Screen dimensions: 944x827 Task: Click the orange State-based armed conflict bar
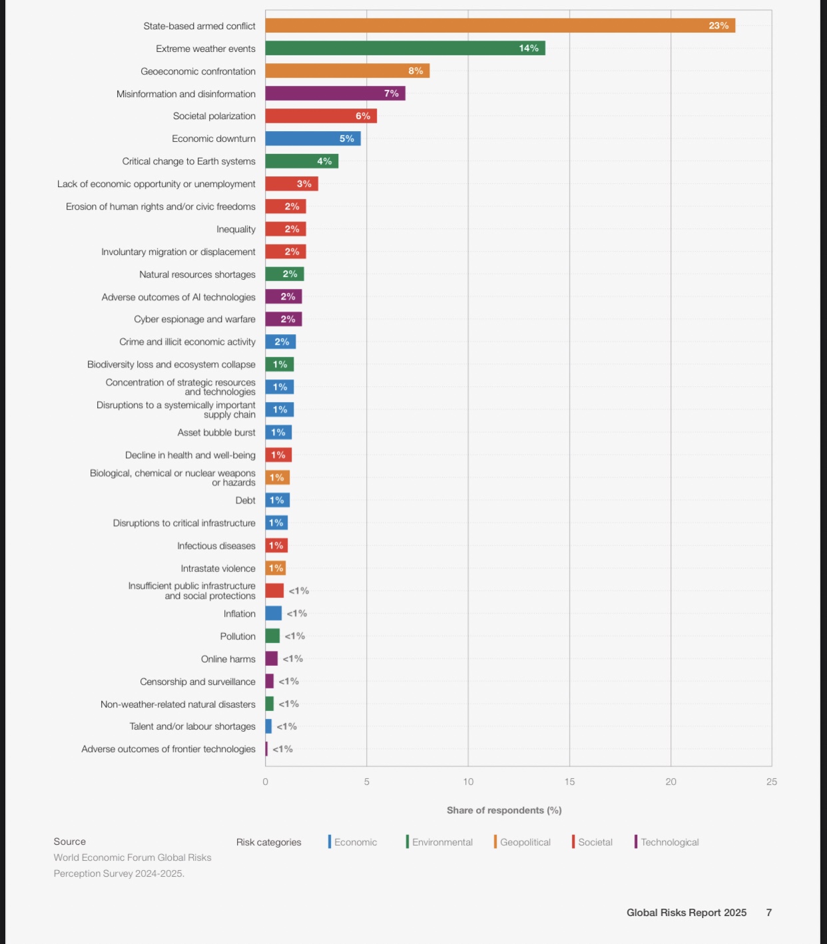[499, 26]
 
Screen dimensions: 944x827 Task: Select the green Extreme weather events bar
[405, 49]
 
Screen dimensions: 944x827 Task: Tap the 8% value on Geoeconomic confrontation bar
[415, 71]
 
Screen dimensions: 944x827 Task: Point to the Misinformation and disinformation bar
[335, 94]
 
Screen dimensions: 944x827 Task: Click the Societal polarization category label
[214, 116]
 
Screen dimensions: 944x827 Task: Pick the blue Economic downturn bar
[312, 138]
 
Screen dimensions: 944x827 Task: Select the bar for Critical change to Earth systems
[301, 161]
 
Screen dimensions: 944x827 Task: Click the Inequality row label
[236, 229]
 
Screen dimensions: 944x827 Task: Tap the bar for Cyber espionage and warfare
[283, 320]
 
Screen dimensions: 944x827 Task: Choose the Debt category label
[245, 501]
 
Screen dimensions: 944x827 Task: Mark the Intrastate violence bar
[275, 569]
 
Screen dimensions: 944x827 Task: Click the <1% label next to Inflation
[297, 614]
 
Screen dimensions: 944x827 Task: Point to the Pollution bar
[272, 636]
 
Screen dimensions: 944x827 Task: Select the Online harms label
[228, 659]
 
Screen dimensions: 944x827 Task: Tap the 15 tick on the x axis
[569, 782]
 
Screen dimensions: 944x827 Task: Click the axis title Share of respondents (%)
[504, 810]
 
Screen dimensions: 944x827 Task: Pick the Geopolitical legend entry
[525, 842]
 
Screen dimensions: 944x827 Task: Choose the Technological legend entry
[669, 842]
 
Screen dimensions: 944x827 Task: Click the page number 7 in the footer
[768, 913]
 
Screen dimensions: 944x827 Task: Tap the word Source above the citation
[70, 841]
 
